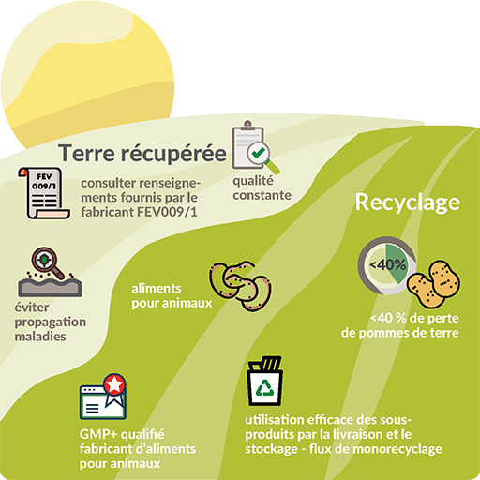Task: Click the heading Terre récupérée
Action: click(142, 153)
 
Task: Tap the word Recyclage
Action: click(408, 202)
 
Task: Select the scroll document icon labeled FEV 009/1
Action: click(43, 193)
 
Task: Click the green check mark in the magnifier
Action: click(259, 153)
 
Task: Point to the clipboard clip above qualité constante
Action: click(247, 124)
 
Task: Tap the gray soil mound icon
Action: click(50, 287)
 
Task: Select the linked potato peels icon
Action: click(240, 286)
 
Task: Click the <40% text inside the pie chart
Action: click(387, 265)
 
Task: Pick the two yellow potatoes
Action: click(433, 284)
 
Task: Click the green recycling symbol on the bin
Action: click(265, 388)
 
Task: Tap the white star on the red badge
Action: click(114, 384)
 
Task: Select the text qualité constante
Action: click(262, 187)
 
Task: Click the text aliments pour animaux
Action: click(172, 295)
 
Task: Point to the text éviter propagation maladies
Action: click(51, 322)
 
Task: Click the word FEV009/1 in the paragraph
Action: click(167, 212)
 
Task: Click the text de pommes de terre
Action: click(400, 333)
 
